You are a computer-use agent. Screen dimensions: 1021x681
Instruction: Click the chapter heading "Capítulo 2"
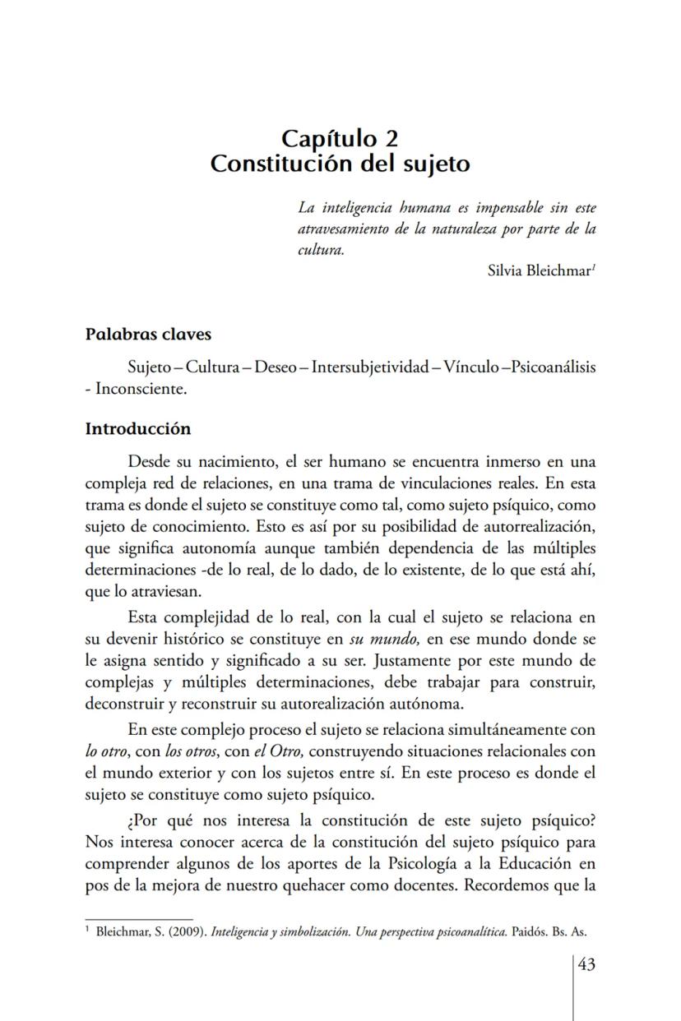[340, 138]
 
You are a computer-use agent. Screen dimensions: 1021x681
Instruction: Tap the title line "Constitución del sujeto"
[340, 164]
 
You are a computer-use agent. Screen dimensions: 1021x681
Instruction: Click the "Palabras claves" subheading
[148, 335]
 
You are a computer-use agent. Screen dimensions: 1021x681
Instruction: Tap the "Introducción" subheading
[138, 429]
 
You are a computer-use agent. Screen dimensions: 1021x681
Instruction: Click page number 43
[586, 964]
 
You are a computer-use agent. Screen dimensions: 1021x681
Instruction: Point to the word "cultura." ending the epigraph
[321, 250]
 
